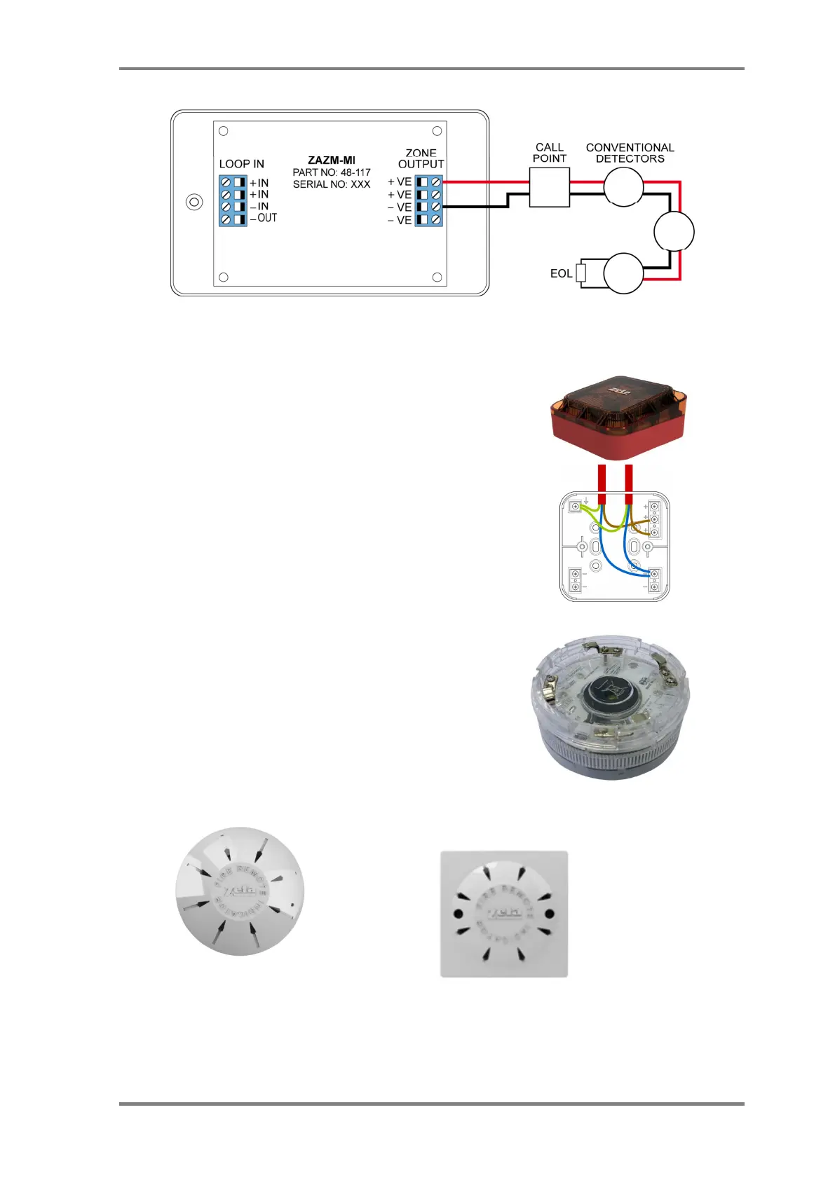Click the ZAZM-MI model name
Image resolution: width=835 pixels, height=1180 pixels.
[332, 160]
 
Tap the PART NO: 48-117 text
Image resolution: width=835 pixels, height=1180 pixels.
[332, 172]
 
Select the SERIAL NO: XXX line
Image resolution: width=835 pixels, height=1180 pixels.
[332, 184]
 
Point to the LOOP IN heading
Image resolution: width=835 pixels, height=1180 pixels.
[242, 164]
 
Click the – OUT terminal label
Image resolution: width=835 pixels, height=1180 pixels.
[264, 218]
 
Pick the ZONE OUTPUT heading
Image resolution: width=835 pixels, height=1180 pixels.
[421, 158]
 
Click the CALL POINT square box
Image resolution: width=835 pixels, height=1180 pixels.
[549, 188]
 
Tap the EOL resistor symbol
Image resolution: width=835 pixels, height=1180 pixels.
[581, 273]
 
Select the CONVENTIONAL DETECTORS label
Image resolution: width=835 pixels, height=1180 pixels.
[630, 153]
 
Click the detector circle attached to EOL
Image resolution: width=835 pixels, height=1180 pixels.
[623, 273]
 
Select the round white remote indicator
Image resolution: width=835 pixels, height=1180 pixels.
[240, 891]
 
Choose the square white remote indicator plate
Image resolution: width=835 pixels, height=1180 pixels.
[503, 913]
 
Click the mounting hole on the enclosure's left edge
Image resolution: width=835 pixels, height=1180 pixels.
[194, 203]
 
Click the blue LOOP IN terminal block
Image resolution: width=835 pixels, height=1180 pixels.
[233, 200]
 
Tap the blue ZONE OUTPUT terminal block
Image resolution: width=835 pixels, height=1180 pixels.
[428, 200]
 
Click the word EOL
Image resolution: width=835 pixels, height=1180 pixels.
[561, 273]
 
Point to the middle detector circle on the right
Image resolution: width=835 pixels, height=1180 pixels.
[674, 232]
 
